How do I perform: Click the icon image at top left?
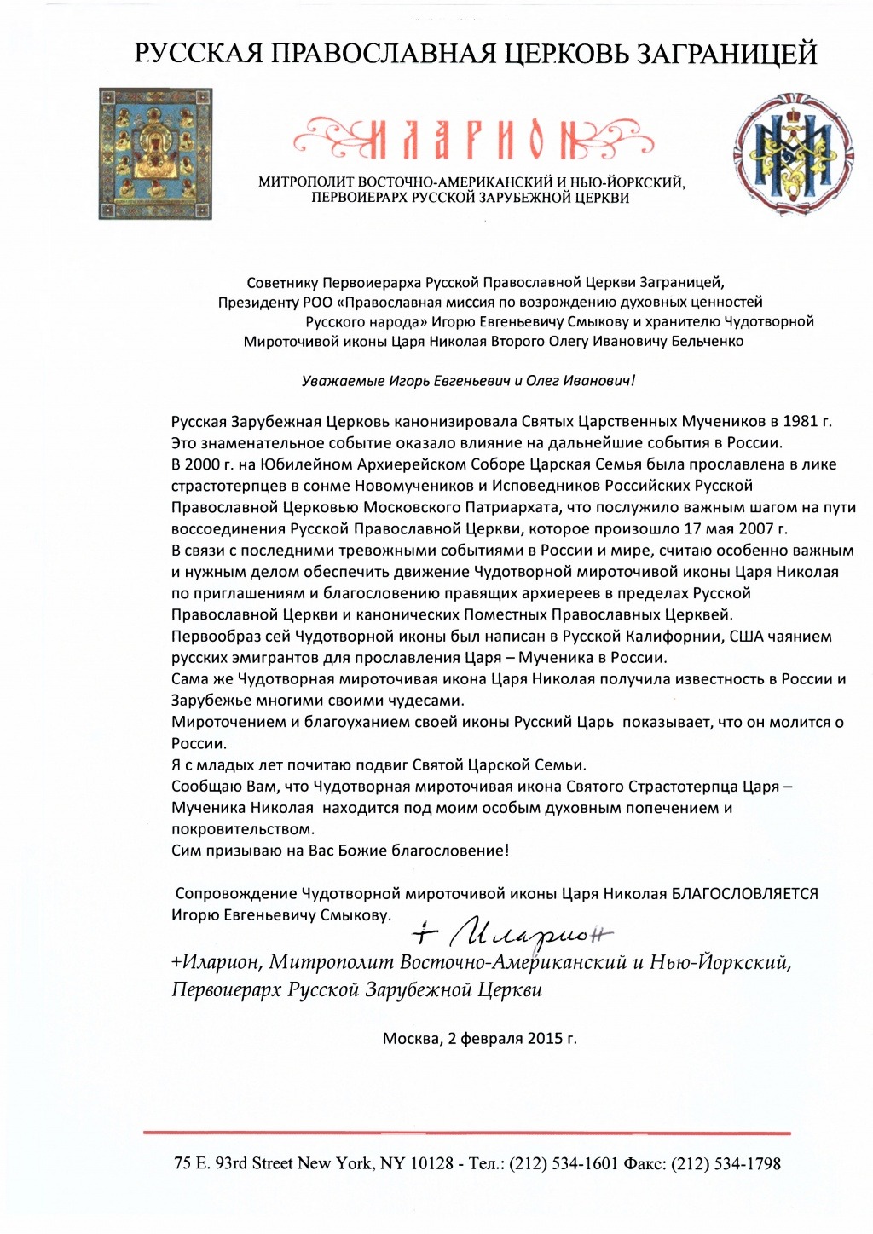tap(155, 153)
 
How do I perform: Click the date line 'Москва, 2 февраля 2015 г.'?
tap(479, 1038)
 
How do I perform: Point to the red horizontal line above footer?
tap(466, 1133)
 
